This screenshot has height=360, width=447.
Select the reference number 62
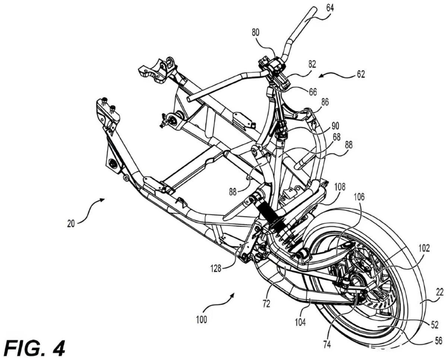pyautogui.click(x=361, y=74)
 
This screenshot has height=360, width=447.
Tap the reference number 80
pyautogui.click(x=256, y=32)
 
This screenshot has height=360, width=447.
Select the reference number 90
pyautogui.click(x=335, y=126)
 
